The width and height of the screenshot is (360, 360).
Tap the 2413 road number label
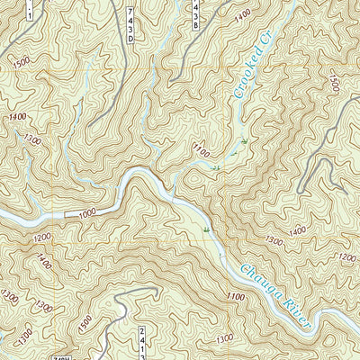pos(142,342)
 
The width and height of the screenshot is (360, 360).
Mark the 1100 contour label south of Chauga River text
pos(236,296)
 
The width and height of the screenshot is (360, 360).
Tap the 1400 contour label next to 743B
pos(239,17)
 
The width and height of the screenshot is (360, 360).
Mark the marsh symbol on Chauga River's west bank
pos(207,231)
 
